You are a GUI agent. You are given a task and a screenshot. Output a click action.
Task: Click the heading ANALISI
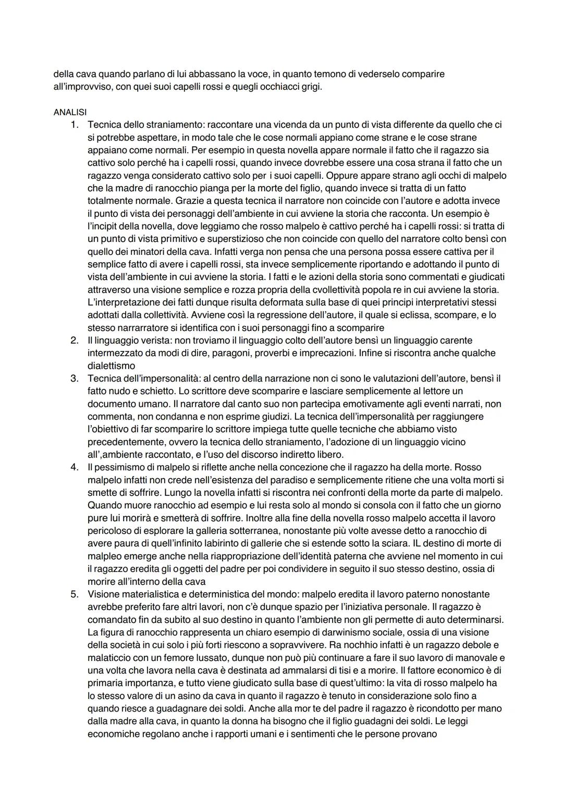(70, 112)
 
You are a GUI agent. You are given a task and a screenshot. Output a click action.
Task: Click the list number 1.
(75, 125)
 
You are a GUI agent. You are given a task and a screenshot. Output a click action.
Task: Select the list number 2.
(75, 340)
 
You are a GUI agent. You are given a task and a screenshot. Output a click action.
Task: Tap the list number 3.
(75, 378)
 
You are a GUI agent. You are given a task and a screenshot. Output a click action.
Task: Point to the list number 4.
(75, 467)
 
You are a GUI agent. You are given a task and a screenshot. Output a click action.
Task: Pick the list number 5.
(75, 594)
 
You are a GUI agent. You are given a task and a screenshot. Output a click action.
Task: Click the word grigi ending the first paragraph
(311, 87)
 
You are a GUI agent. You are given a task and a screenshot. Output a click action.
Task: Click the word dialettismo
(111, 366)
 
